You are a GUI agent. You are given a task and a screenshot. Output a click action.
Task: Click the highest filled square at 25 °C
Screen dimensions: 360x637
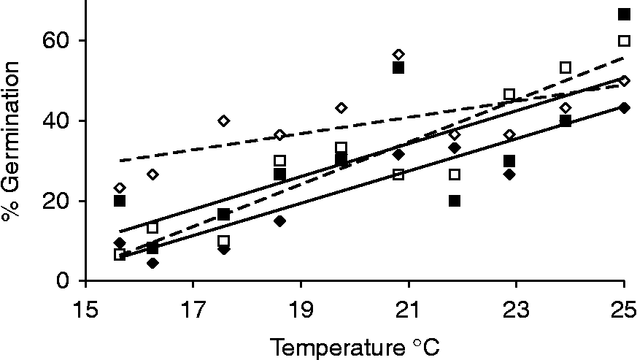(624, 14)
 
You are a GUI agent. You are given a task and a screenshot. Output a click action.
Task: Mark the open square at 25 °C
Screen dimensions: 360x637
(624, 41)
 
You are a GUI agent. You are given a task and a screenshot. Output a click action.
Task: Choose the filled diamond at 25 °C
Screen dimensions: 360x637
(624, 107)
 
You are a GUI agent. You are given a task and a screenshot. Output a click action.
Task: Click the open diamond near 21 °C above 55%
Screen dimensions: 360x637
(398, 55)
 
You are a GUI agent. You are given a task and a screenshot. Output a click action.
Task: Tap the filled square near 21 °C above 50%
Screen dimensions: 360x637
(398, 67)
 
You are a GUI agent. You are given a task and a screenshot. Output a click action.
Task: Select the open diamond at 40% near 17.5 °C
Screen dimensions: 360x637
(224, 120)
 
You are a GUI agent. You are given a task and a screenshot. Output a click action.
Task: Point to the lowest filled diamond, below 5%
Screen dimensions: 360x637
(153, 263)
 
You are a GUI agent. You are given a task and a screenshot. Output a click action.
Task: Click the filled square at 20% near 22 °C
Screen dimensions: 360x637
(455, 201)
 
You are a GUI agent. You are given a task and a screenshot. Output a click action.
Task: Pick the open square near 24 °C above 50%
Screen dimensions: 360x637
(565, 67)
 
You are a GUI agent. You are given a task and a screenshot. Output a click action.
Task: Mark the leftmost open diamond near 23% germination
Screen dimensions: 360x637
(120, 188)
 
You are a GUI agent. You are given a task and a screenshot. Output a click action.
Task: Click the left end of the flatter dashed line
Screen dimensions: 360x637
(120, 161)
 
